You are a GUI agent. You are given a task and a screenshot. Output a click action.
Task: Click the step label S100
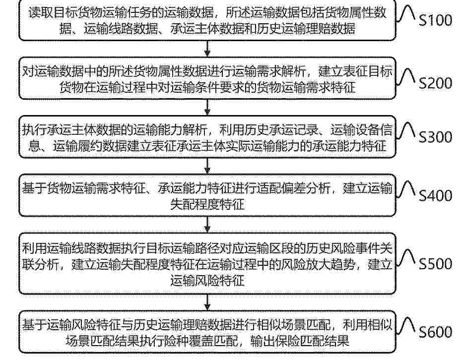point(435,20)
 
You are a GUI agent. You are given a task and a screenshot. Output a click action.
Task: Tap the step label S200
point(435,83)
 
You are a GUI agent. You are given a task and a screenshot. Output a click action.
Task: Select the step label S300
point(435,137)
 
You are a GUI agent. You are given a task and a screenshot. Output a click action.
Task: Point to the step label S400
point(435,195)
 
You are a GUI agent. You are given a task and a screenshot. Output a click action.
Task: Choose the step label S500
point(435,264)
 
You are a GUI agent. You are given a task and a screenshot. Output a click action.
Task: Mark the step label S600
point(435,332)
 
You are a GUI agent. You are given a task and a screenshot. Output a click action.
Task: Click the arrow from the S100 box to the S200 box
point(207,49)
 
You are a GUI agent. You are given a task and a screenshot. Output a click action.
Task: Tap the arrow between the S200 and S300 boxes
point(207,107)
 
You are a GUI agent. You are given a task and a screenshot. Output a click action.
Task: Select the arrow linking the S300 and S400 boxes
point(207,166)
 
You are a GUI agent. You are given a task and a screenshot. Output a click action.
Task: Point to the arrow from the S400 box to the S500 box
point(207,225)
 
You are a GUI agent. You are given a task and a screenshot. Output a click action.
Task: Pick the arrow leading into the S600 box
point(207,302)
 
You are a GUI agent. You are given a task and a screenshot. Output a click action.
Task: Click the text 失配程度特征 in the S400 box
point(207,204)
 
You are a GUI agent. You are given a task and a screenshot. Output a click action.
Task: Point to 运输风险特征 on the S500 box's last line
point(207,280)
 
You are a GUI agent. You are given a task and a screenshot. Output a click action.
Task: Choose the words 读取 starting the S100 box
point(41,13)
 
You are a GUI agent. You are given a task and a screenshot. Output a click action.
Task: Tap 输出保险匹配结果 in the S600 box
point(300,341)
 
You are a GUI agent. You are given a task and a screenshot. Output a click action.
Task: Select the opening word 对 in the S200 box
point(28,72)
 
